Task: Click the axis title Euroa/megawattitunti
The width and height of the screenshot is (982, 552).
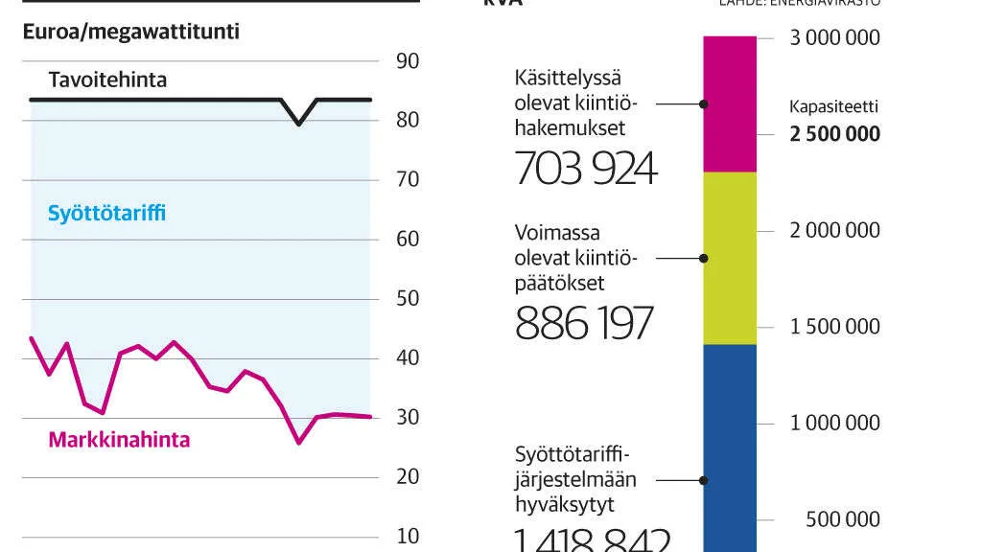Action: tap(130, 31)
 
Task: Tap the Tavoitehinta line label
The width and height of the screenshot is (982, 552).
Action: tap(107, 80)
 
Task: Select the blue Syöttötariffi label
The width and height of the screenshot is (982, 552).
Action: tap(106, 213)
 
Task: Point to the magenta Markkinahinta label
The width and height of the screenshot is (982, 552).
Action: tap(119, 440)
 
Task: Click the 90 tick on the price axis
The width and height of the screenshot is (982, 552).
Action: tap(408, 61)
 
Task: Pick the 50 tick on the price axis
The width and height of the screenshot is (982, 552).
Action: tap(408, 298)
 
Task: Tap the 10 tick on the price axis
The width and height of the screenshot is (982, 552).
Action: tap(408, 535)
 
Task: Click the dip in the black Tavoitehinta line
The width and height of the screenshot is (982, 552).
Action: tap(299, 123)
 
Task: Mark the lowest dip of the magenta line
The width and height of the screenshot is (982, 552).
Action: tap(299, 442)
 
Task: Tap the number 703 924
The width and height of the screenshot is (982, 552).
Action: tap(586, 169)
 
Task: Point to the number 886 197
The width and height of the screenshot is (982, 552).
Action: tap(584, 324)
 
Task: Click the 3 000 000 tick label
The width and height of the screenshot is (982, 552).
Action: tap(834, 38)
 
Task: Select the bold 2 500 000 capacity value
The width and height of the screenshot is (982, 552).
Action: tap(834, 134)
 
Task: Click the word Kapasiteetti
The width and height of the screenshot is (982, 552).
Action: tap(833, 107)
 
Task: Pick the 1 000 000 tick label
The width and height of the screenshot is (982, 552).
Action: tap(834, 423)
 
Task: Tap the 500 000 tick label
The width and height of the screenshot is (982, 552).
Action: tap(842, 519)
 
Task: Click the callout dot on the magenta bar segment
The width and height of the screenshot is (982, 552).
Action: tap(704, 103)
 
